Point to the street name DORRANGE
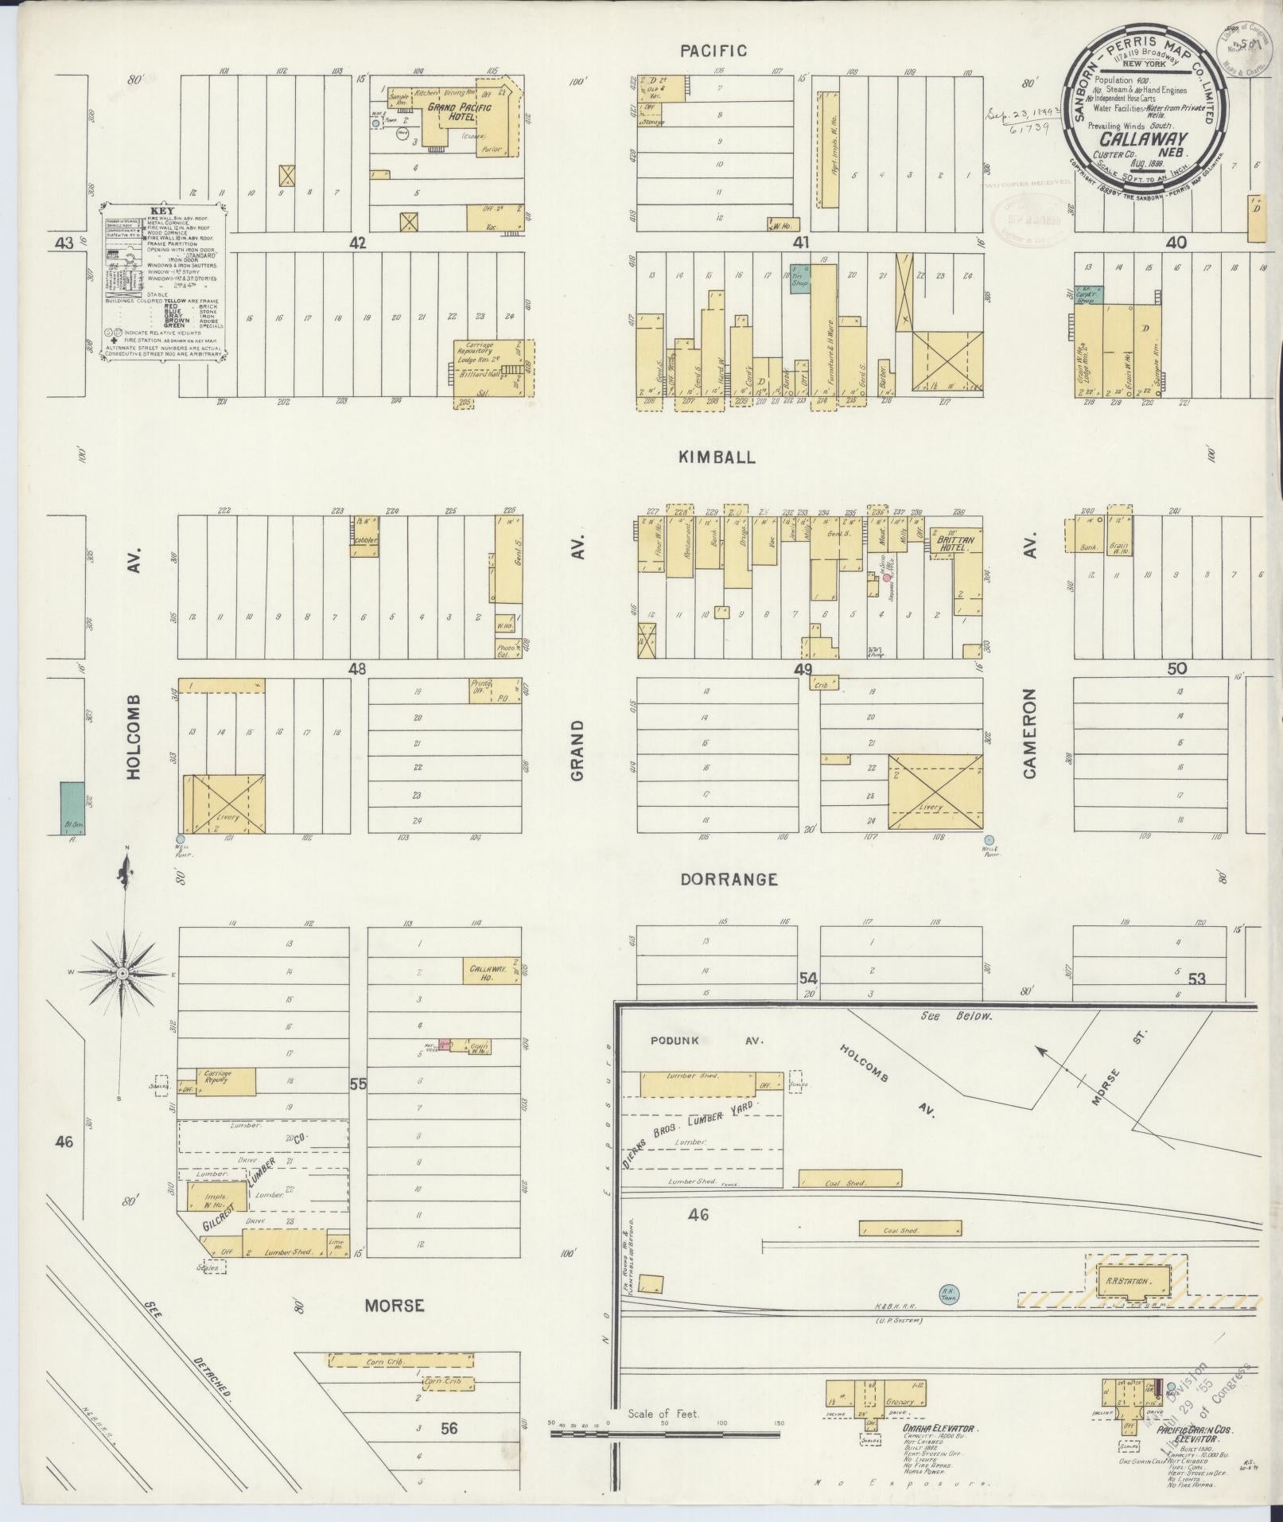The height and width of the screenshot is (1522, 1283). coord(728,879)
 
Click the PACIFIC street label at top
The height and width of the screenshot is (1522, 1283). coord(713,51)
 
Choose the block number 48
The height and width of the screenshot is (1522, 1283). coord(356,669)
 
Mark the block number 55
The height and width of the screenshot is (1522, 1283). coord(358,1084)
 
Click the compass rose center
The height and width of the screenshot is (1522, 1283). coord(122,973)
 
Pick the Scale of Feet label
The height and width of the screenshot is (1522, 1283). coord(663,1414)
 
